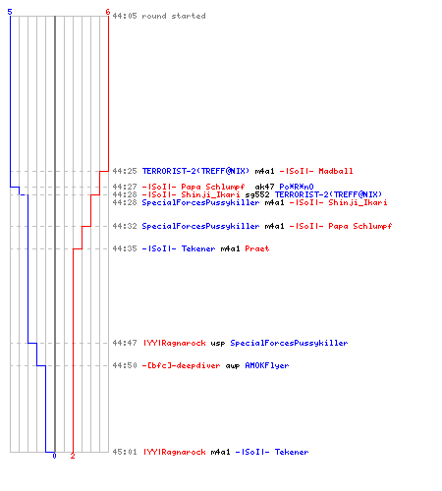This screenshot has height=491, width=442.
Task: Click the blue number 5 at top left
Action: [x=10, y=12]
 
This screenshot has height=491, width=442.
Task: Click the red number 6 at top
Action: [x=108, y=12]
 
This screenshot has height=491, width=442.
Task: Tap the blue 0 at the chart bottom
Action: [x=54, y=456]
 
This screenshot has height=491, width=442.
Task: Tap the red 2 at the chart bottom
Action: [x=73, y=456]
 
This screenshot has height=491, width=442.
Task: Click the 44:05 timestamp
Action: [x=125, y=16]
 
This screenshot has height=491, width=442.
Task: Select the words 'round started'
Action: [x=174, y=16]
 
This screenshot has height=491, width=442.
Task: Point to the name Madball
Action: [x=336, y=171]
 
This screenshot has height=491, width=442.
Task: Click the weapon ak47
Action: [x=264, y=187]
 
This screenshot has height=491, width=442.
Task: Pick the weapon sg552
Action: [x=257, y=194]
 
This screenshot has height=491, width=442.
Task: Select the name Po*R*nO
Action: [x=297, y=187]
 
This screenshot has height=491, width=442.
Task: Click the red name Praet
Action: [x=257, y=248]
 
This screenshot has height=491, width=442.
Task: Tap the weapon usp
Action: [x=218, y=343]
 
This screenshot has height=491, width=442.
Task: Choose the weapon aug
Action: [x=233, y=365]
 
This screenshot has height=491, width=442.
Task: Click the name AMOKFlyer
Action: [x=267, y=365]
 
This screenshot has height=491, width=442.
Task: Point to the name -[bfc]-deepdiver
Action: [x=181, y=365]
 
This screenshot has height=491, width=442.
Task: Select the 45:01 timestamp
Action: [x=125, y=452]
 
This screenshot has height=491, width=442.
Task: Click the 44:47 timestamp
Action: [x=125, y=343]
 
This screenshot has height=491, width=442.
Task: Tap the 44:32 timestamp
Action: [x=125, y=226]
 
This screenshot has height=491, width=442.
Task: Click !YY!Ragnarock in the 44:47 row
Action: [x=175, y=343]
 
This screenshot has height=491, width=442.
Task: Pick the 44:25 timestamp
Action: [x=125, y=171]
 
